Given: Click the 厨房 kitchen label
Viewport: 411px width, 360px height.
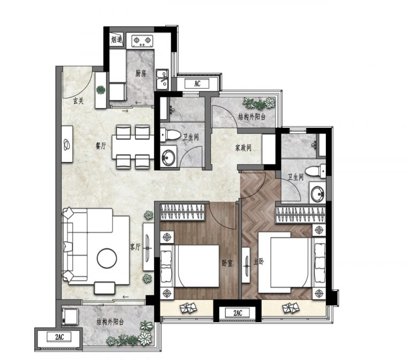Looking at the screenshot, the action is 141,74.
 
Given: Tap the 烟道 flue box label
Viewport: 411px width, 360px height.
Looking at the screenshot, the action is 117,40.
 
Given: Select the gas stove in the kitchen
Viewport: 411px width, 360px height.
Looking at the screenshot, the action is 142,41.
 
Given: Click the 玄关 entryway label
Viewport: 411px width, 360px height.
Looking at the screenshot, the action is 78,101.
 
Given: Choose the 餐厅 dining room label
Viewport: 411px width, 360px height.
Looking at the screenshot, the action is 101,146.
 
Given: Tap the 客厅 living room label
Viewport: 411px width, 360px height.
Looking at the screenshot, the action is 135,247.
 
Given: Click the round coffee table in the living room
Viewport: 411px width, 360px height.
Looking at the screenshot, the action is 106,258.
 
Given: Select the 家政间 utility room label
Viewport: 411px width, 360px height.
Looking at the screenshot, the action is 243,148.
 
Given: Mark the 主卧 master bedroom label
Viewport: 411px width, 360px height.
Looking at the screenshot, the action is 258,262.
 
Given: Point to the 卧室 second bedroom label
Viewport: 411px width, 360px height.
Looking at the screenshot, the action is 227,263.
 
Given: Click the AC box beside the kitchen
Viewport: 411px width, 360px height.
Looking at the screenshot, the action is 197,84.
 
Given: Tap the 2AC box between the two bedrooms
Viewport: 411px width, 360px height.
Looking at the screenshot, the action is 238,313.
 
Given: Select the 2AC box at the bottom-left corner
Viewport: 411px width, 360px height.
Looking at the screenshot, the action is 59,336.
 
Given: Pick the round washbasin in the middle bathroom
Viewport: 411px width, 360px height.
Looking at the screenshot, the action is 168,157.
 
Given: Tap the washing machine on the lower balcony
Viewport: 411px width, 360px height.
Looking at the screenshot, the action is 70,317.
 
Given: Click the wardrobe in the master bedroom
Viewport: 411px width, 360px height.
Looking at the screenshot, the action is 300,215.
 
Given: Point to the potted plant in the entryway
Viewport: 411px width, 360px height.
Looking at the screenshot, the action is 101,90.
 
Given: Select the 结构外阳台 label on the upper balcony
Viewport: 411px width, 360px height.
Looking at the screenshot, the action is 252,117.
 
